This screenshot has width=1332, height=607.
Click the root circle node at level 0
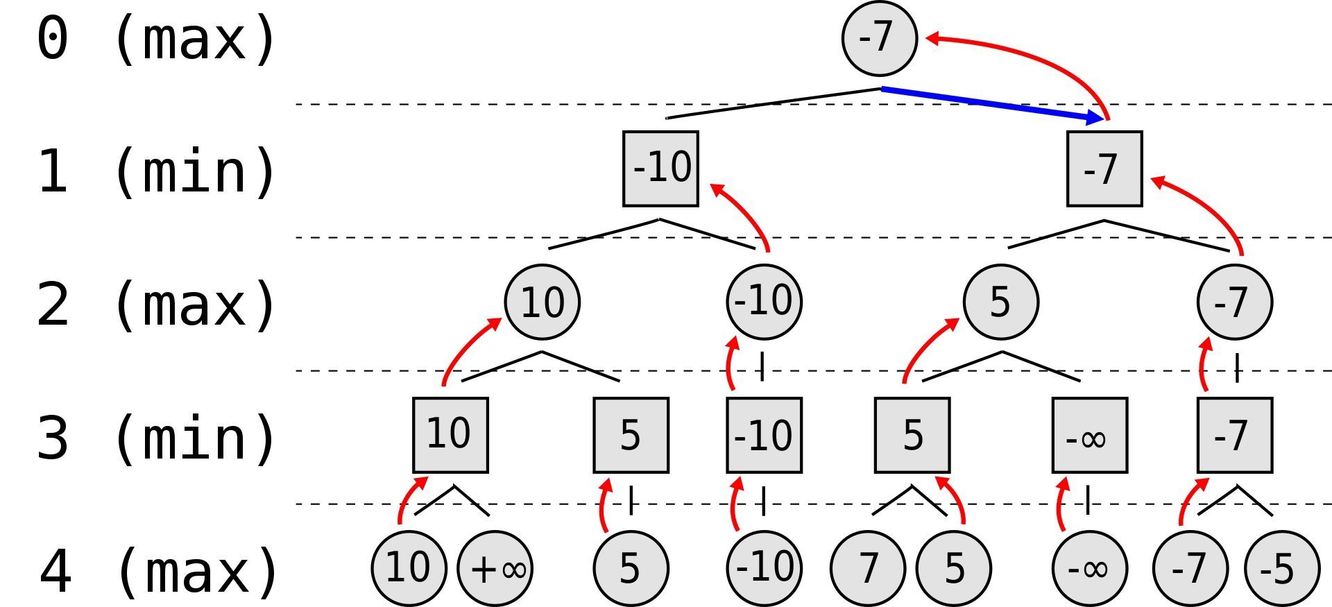point(879,38)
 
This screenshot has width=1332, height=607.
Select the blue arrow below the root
point(992,103)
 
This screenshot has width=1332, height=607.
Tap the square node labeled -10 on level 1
point(660,169)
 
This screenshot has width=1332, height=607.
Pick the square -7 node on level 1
point(1104,169)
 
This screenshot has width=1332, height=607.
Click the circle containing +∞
point(495,568)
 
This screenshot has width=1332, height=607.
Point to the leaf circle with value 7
point(868,568)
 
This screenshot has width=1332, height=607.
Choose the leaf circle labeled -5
point(1281,568)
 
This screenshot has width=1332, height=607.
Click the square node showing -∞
point(1089,435)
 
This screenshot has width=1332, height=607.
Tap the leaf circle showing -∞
point(1089,568)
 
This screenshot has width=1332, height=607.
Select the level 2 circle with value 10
point(542,302)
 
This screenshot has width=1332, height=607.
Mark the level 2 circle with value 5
point(1000,302)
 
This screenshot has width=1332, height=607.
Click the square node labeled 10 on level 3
point(450,435)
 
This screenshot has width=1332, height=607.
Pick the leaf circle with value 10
point(409,568)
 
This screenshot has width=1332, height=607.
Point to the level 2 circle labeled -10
point(764,302)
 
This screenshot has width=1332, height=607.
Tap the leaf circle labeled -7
point(1190,568)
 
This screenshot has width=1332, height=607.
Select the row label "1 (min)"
point(156,171)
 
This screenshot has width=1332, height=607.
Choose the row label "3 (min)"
point(156,438)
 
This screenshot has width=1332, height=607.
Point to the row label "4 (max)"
point(159,571)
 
